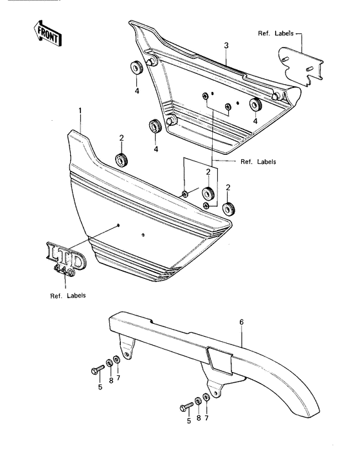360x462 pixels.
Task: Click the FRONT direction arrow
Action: click(47, 33)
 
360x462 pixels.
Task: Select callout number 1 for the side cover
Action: click(80, 111)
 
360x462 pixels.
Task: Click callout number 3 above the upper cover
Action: click(226, 46)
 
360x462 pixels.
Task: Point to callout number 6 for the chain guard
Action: click(242, 322)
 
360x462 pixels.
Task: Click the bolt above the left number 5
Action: click(98, 369)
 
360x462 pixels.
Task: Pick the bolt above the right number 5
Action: click(186, 407)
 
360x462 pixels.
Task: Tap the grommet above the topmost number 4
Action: click(136, 68)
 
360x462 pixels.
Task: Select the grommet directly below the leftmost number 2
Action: click(122, 159)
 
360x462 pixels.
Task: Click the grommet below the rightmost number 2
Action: click(228, 209)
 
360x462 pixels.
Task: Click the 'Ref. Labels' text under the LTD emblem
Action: click(67, 296)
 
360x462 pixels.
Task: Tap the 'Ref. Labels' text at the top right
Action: click(276, 33)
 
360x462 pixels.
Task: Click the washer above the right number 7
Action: click(206, 397)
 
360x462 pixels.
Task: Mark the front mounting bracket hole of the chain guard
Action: click(127, 354)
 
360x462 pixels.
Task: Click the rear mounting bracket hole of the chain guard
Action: click(216, 393)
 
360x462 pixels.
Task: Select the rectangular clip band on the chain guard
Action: click(220, 360)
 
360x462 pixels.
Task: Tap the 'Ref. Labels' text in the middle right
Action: click(258, 162)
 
